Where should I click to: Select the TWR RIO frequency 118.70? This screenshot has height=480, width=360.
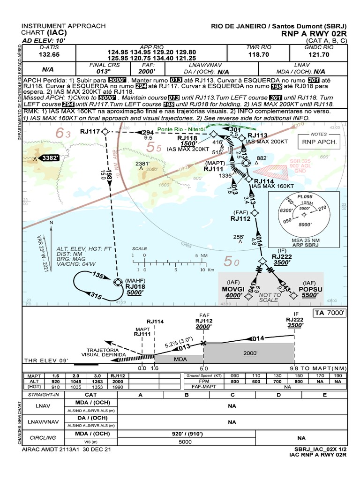[259, 54]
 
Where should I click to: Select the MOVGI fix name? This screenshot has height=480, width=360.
[233, 289]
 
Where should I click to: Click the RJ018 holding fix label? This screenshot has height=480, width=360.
[135, 287]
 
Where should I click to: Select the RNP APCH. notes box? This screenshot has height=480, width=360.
[319, 141]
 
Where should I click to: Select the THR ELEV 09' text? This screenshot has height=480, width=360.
[46, 360]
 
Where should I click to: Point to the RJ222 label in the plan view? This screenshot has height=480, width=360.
[282, 256]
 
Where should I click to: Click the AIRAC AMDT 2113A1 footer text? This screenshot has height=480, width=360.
[67, 449]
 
